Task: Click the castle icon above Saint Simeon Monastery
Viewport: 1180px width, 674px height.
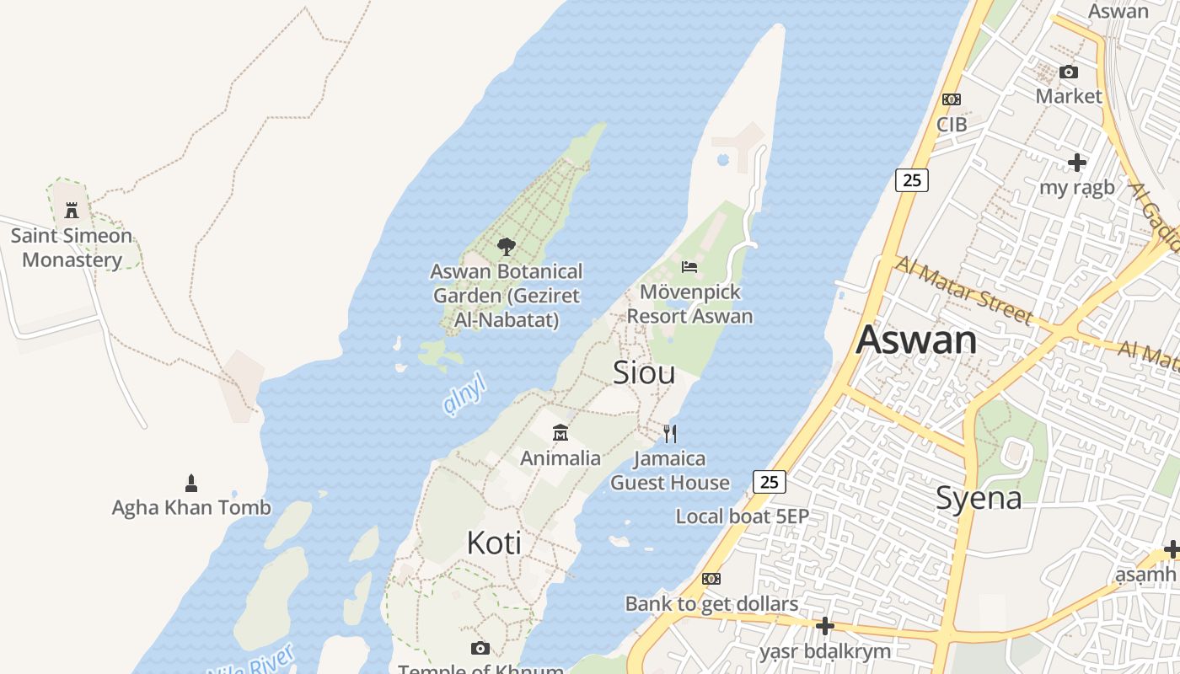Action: point(72,210)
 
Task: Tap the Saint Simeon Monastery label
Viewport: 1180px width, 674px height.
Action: point(72,248)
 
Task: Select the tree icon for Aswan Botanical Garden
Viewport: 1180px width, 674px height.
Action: point(506,247)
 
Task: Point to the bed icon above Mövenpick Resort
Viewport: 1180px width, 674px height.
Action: point(689,267)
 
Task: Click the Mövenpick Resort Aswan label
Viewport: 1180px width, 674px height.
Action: point(689,304)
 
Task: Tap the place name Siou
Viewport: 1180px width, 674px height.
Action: point(644,372)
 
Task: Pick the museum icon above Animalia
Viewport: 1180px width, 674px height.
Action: point(560,433)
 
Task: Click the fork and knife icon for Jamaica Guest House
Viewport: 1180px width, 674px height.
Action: point(670,433)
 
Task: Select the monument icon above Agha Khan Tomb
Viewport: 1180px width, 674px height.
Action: point(191,483)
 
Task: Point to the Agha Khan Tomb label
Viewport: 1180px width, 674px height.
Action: point(191,507)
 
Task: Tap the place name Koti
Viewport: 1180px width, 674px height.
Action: point(494,543)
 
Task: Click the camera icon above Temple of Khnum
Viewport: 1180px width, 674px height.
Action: point(480,648)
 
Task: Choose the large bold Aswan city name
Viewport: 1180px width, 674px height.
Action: point(916,340)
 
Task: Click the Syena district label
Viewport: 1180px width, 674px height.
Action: point(979,498)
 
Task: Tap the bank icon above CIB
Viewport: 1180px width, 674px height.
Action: point(952,99)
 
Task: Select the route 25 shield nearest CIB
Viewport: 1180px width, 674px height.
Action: point(911,179)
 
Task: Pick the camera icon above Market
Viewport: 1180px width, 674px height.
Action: point(1069,72)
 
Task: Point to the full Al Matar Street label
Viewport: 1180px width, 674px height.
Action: point(963,291)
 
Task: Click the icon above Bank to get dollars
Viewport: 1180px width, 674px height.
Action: point(711,579)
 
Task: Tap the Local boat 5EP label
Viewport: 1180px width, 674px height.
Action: point(742,516)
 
